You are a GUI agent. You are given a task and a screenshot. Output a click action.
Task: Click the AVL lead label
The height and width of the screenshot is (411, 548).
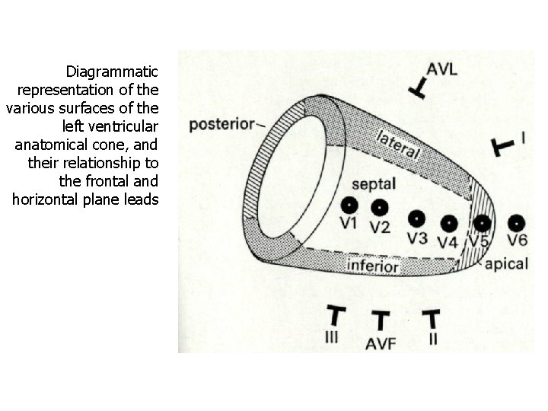coord(441,69)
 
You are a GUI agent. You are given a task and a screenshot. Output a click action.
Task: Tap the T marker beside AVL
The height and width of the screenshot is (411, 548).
coord(417,88)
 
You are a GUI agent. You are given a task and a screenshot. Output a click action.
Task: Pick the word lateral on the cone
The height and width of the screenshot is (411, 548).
coord(399,144)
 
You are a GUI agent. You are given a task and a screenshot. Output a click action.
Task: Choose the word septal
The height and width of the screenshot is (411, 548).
coord(374,184)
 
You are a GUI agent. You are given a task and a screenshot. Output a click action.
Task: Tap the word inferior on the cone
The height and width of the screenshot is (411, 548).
coord(373,266)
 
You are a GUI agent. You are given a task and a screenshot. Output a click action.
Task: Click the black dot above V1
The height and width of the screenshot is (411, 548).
coord(349,205)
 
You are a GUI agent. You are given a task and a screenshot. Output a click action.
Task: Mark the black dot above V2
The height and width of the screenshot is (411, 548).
coord(380,207)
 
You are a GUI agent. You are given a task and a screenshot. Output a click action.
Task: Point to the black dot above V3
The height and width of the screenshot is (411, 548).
coord(416,219)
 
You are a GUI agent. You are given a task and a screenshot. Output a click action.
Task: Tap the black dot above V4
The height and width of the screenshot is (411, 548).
coord(449,224)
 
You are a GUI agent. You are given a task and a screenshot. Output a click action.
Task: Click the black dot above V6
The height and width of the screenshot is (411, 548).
coord(517,223)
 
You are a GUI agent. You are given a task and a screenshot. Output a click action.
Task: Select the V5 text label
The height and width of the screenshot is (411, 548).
coord(479,241)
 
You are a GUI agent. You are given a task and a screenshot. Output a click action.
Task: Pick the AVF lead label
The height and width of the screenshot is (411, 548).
coord(381,343)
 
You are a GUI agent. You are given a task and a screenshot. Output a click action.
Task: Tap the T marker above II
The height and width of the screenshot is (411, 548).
coord(432,318)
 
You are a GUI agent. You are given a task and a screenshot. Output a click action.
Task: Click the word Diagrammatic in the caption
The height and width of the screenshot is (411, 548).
coord(112,72)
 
